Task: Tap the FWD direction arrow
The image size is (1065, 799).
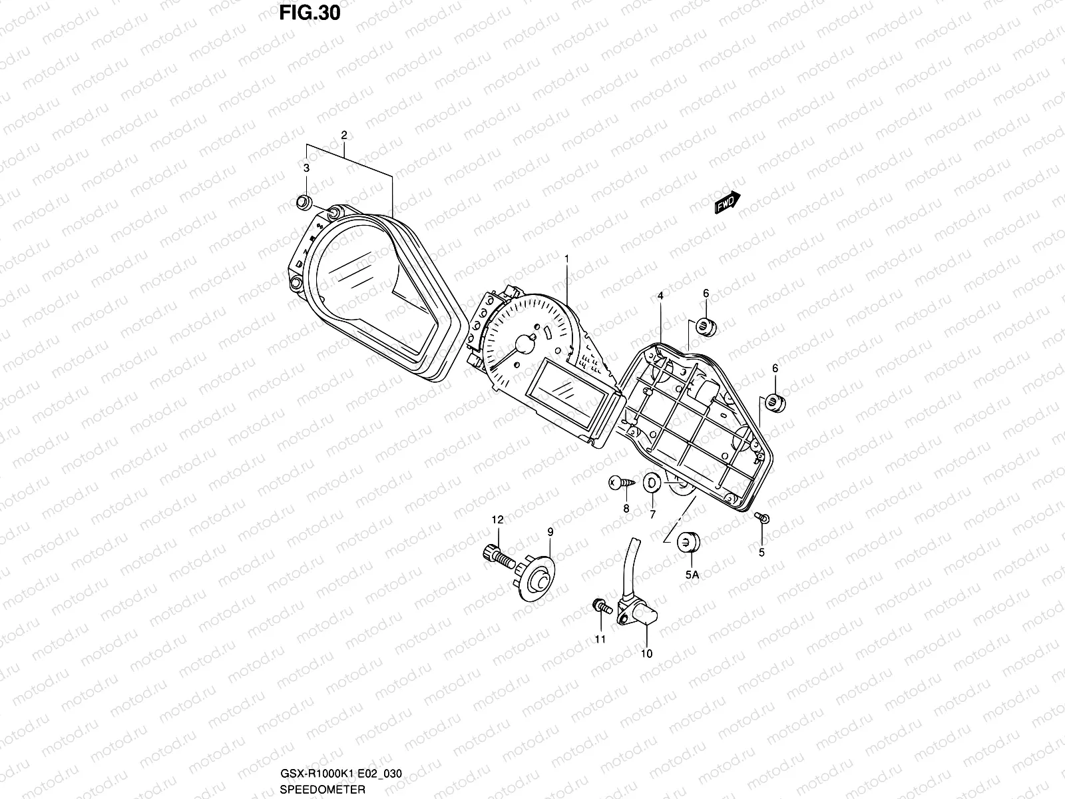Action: (x=727, y=203)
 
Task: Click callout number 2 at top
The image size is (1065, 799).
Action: (x=344, y=135)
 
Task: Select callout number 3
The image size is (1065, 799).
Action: (x=306, y=168)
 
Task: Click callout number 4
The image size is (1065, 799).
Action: (x=660, y=294)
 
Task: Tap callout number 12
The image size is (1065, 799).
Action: (x=497, y=519)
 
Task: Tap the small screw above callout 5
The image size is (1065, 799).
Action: (x=761, y=518)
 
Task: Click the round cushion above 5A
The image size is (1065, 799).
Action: (x=688, y=542)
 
